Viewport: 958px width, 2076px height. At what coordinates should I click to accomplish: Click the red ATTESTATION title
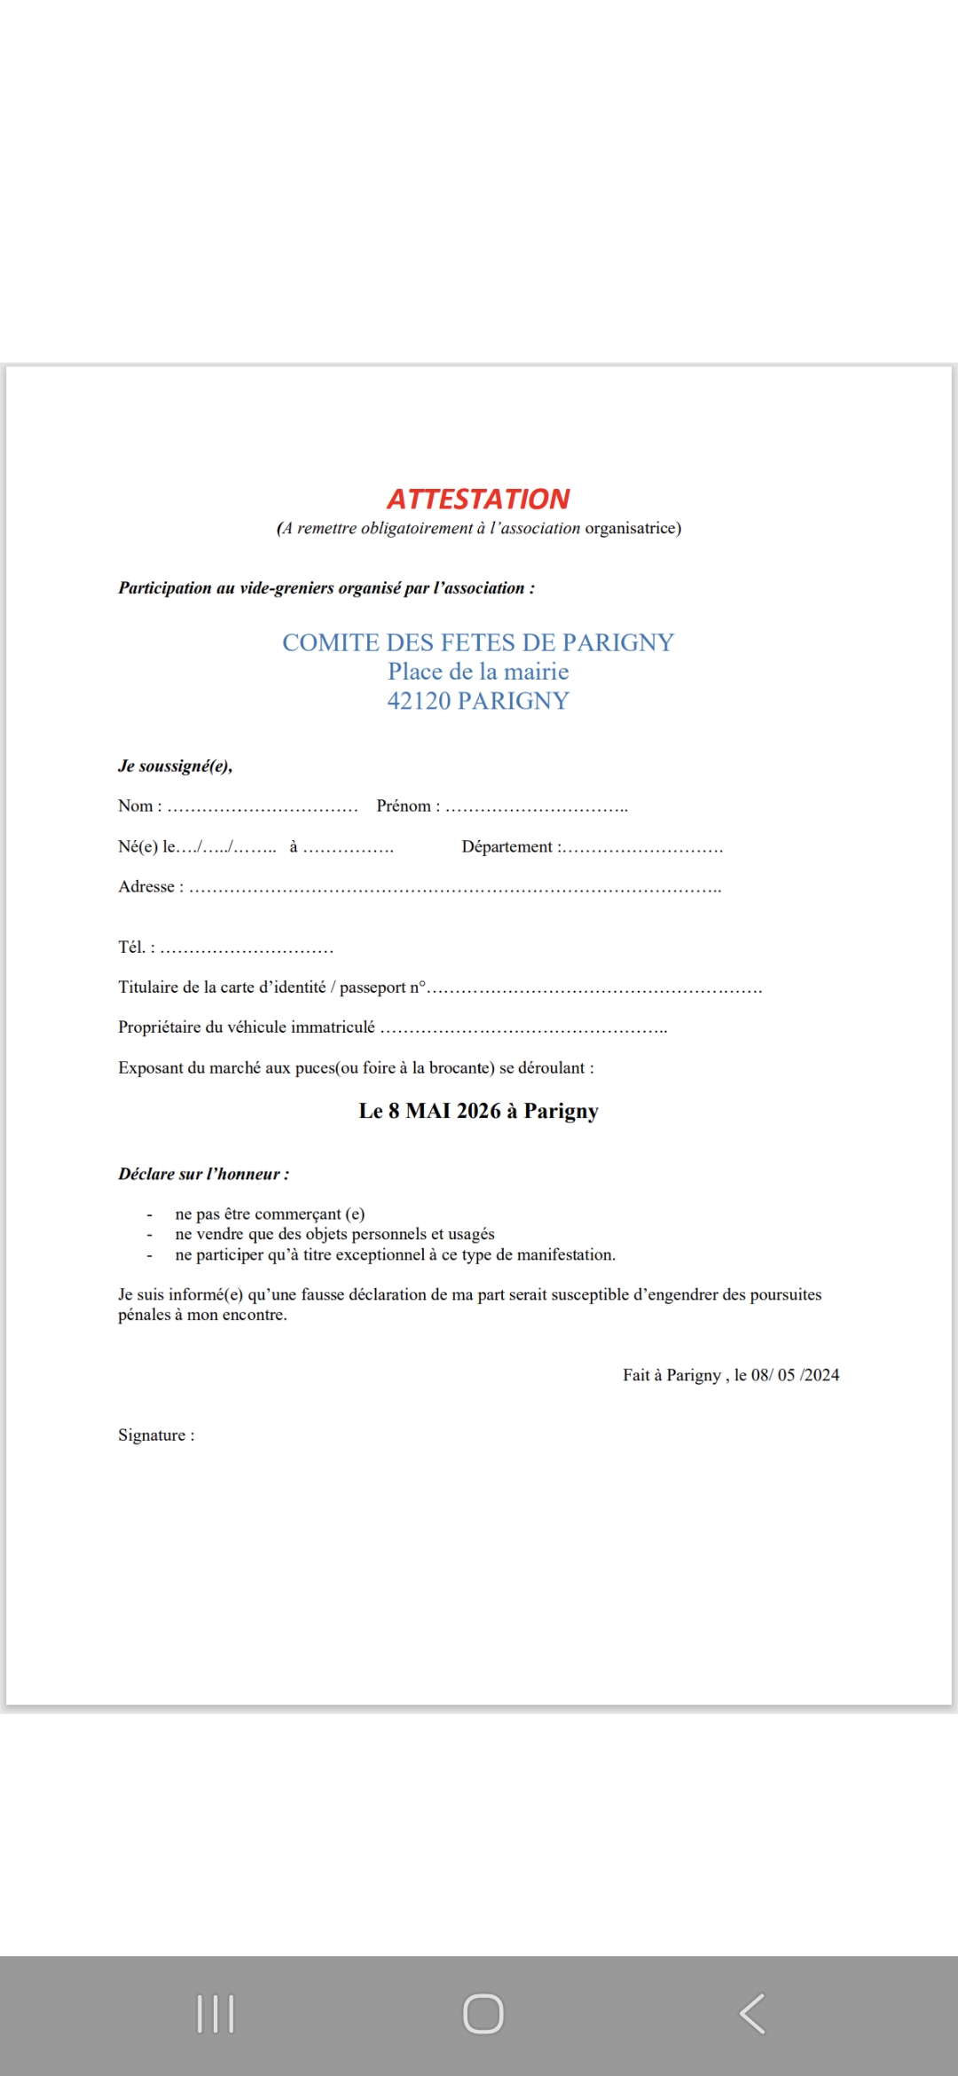[x=478, y=499]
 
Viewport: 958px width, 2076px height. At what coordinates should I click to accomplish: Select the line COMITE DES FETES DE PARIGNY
[x=478, y=642]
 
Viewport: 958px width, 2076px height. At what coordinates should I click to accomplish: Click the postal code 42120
[x=419, y=701]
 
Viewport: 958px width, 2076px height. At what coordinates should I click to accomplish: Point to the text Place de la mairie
[x=478, y=672]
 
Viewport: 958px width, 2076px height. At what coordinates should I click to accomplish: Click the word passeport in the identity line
[x=372, y=987]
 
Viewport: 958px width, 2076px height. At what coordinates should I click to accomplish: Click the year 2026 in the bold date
[x=478, y=1111]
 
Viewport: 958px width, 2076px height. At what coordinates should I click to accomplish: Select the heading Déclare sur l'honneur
[x=203, y=1174]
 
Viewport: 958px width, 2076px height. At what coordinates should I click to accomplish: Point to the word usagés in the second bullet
[x=471, y=1234]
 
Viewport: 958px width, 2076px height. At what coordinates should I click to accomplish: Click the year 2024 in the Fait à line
[x=821, y=1375]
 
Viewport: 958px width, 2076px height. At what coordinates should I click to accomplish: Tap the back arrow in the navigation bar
[x=752, y=2014]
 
